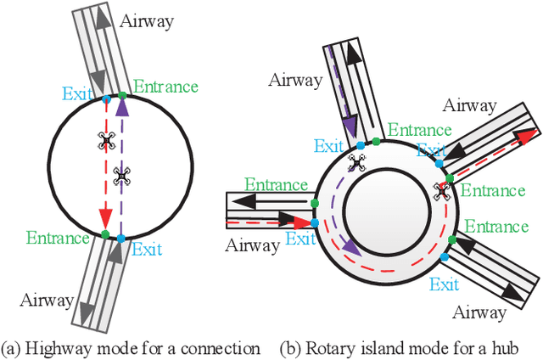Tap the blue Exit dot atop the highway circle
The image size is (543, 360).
[x=106, y=99]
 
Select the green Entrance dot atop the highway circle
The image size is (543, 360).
[x=122, y=94]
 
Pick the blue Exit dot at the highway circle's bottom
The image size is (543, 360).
[x=120, y=238]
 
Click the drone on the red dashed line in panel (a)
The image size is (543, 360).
[x=106, y=141]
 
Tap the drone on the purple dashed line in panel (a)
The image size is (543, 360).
[x=121, y=176]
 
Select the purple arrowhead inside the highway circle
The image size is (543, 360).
[x=121, y=108]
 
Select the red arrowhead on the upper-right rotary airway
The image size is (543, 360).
[x=529, y=134]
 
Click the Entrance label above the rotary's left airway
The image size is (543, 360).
[x=275, y=184]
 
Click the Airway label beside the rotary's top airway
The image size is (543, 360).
[x=296, y=81]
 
